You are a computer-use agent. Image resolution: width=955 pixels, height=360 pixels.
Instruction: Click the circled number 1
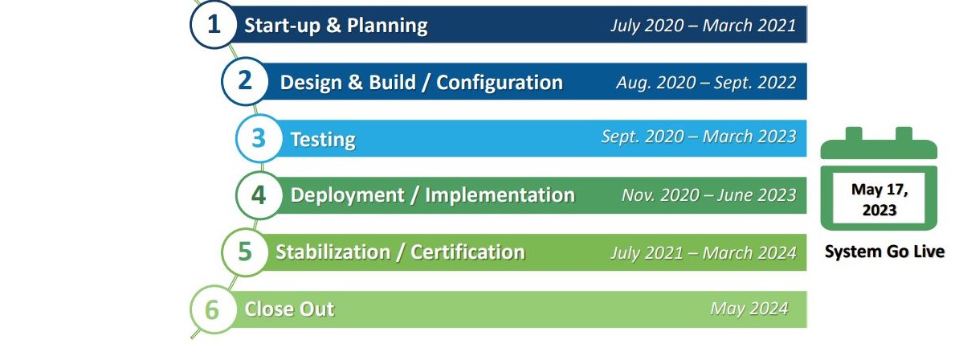(x=213, y=24)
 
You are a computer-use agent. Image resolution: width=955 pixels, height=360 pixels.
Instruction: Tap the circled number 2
(x=245, y=81)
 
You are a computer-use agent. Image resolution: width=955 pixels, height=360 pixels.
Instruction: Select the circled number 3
(x=259, y=138)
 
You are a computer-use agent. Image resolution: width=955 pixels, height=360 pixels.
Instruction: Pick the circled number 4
(x=259, y=195)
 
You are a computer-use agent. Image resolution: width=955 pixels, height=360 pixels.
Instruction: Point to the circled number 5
(x=245, y=252)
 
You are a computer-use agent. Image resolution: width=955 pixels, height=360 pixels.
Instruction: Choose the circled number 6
(x=212, y=309)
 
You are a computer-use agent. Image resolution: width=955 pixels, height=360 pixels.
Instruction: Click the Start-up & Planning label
(x=336, y=25)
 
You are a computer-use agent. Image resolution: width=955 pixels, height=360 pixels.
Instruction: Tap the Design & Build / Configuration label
(x=421, y=82)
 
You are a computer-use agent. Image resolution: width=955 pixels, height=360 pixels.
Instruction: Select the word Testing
(x=323, y=140)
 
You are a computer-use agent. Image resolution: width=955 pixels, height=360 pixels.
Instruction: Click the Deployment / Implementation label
(x=432, y=195)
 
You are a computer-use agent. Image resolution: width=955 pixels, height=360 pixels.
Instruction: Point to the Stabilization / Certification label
(x=400, y=252)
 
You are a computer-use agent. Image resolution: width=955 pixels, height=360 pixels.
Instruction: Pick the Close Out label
(x=289, y=309)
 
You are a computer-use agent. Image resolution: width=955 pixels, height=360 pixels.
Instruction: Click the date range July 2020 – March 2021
(x=703, y=26)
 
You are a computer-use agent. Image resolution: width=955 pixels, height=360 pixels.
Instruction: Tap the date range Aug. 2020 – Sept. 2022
(x=706, y=82)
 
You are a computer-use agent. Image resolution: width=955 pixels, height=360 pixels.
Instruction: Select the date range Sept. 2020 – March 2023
(x=699, y=137)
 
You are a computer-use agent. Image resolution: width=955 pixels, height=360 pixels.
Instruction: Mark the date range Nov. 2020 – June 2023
(x=709, y=195)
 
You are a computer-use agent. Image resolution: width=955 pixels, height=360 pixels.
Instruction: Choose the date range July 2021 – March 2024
(x=703, y=252)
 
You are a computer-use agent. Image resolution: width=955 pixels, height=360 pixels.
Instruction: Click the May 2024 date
(x=749, y=309)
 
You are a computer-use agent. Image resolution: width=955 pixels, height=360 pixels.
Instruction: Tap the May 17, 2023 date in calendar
(x=879, y=200)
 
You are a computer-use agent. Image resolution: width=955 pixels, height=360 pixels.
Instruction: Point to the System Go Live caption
(x=884, y=252)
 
